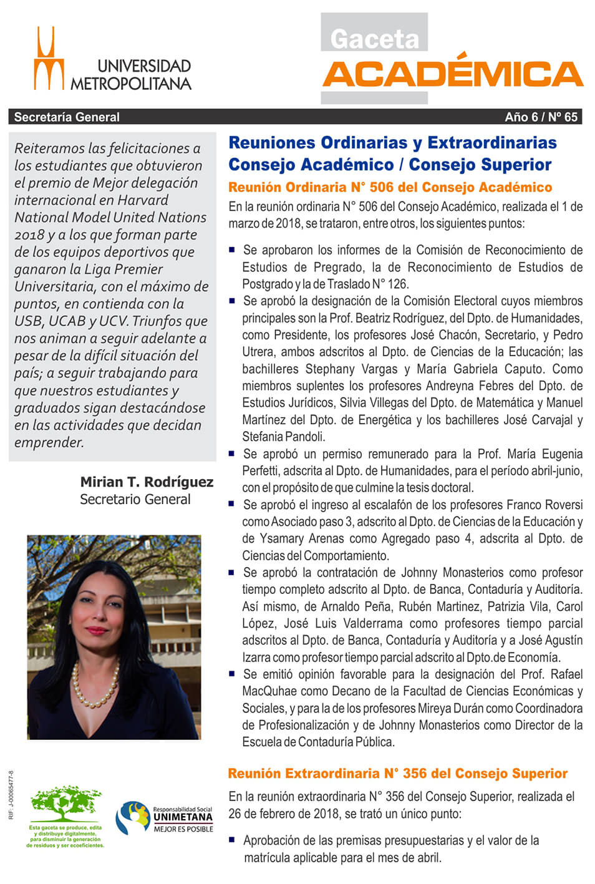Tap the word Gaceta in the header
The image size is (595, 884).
(x=374, y=39)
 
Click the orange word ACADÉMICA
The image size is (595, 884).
(x=453, y=74)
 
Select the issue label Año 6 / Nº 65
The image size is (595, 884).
(x=541, y=117)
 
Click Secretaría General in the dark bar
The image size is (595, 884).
(x=67, y=117)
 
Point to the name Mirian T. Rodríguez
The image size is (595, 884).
(x=147, y=482)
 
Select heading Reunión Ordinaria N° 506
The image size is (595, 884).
(x=390, y=187)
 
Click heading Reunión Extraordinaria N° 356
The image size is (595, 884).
(x=397, y=774)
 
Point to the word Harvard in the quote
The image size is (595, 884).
(x=140, y=200)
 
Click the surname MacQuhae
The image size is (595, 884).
(x=269, y=691)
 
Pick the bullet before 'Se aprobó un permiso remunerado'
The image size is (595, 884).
(x=232, y=454)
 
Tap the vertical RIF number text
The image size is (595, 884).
(x=11, y=795)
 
